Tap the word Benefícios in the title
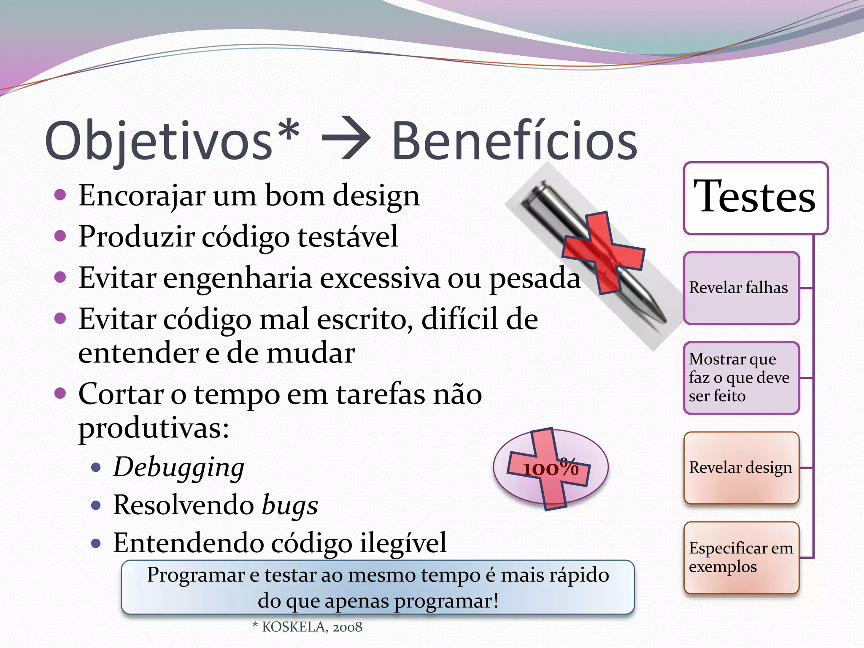514,141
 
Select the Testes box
755,198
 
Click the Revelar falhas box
741,288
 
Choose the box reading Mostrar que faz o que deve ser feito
741,378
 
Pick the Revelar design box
741,467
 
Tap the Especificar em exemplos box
741,557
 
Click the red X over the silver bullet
603,253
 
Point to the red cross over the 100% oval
548,468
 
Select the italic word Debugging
179,467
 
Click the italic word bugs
290,505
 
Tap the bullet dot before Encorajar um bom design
60,195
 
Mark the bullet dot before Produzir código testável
60,236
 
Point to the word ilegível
403,543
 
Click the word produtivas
154,428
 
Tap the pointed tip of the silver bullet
664,321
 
